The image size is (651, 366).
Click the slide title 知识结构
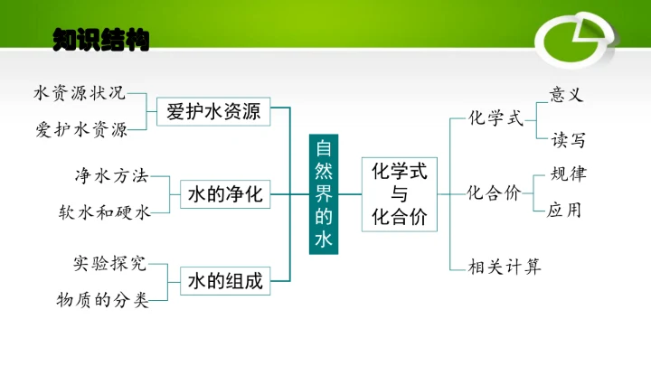100,40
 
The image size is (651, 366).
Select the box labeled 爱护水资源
214,112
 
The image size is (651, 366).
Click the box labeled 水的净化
225,193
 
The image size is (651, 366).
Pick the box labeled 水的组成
225,281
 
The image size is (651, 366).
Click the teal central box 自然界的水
324,193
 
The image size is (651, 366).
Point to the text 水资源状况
80,93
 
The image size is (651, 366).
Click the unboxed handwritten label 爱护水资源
82,129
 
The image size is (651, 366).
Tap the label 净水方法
110,175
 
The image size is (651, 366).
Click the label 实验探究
108,264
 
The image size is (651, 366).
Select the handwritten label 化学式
495,119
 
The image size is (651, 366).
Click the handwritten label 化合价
494,192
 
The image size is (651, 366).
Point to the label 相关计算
505,267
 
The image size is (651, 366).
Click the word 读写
569,139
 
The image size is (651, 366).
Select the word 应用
564,211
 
